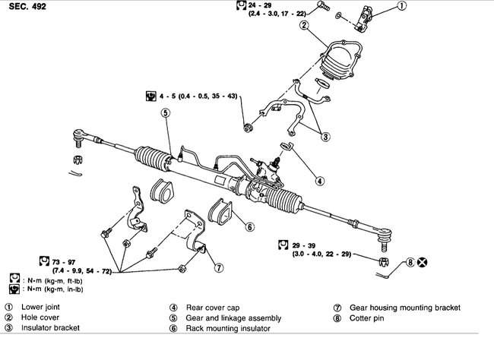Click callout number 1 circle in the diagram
pyautogui.click(x=402, y=7)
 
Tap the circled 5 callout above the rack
pyautogui.click(x=165, y=113)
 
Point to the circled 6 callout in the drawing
pyautogui.click(x=249, y=226)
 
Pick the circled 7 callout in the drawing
pyautogui.click(x=218, y=267)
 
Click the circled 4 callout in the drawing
pyautogui.click(x=320, y=181)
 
